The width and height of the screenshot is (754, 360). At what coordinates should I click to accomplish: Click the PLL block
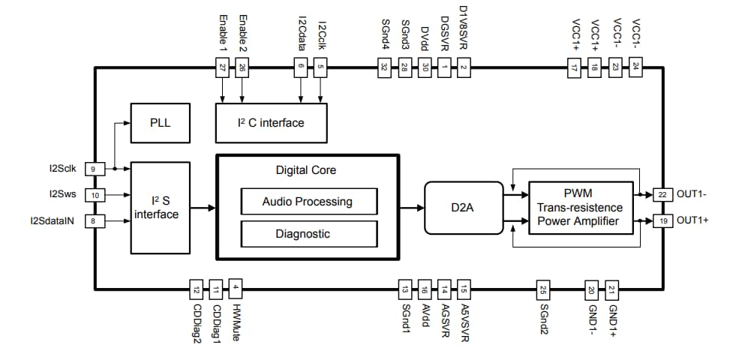(161, 122)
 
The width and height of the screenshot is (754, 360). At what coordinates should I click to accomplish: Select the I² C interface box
(271, 122)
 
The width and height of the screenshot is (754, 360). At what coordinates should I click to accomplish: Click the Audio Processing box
(308, 201)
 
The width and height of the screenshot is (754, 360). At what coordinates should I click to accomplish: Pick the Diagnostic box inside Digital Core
(308, 233)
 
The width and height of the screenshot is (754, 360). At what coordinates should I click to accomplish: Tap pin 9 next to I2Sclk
(95, 169)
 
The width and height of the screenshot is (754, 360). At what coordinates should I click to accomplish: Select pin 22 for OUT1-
(662, 193)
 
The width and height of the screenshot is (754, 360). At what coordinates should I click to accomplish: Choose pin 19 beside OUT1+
(662, 220)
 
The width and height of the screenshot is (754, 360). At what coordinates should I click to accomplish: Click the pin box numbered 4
(236, 289)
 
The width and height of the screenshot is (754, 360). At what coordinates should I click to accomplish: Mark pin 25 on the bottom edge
(544, 289)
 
